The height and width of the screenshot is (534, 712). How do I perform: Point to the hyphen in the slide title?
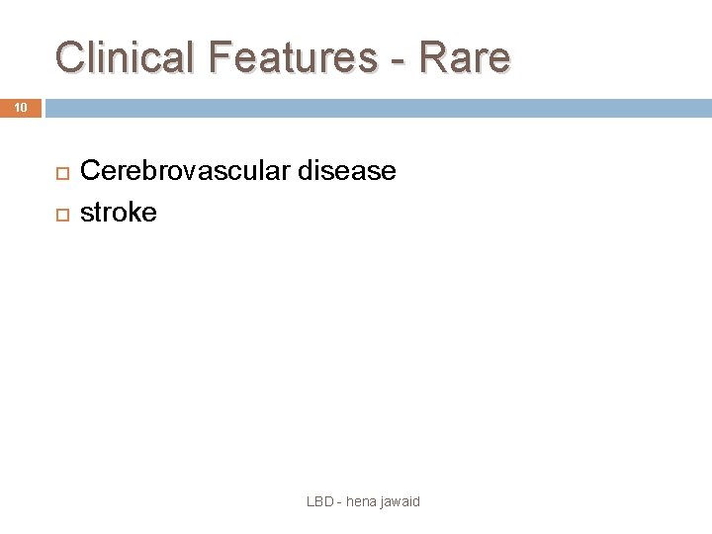tap(398, 59)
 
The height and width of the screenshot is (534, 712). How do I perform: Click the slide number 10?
tap(21, 107)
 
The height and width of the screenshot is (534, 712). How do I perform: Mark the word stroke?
tap(118, 212)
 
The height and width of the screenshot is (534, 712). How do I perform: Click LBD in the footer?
tap(320, 501)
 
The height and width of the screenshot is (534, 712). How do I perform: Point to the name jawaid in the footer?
tap(400, 502)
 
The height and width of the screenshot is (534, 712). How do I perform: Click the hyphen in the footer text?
tap(338, 502)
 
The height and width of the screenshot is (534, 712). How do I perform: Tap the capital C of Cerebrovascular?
tap(89, 171)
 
